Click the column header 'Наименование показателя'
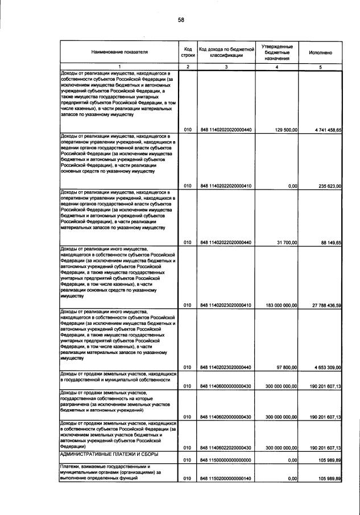click(x=119, y=52)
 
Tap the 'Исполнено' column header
click(x=320, y=52)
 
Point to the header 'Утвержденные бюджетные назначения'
click(x=277, y=52)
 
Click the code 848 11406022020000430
click(x=226, y=447)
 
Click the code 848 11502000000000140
click(x=226, y=479)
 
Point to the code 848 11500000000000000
click(x=226, y=459)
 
